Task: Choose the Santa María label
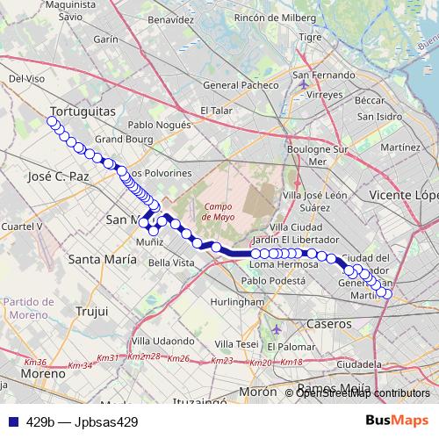click(x=103, y=259)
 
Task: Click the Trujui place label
click(x=91, y=311)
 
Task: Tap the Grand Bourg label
click(x=119, y=139)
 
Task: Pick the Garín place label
click(x=105, y=40)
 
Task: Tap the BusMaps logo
click(x=397, y=421)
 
